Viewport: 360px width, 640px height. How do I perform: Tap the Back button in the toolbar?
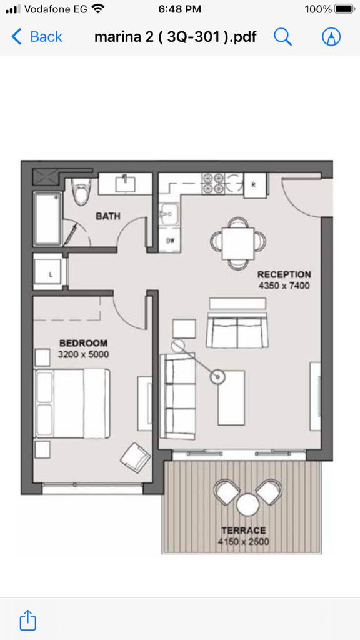[x=37, y=37]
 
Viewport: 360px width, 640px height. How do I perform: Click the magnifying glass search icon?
[x=282, y=37]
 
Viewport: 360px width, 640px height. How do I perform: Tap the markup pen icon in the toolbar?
[x=331, y=37]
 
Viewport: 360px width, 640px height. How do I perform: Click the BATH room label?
[x=108, y=216]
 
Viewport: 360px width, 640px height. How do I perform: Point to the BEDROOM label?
[x=83, y=343]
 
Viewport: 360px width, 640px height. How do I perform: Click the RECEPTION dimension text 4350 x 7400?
[x=284, y=286]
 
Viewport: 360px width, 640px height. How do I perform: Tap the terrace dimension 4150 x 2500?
[x=243, y=542]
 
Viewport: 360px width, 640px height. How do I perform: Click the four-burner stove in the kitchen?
[x=213, y=183]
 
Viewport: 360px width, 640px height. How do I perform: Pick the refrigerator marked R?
[x=255, y=185]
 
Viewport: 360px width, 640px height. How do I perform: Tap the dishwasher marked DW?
[x=170, y=241]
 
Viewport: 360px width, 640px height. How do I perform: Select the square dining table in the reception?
[x=238, y=243]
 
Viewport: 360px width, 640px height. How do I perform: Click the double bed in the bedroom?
[x=72, y=403]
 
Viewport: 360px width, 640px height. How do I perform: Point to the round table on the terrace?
[x=249, y=504]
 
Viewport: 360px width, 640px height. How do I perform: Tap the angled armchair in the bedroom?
[x=135, y=458]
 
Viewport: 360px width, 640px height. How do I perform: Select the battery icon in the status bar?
[x=345, y=9]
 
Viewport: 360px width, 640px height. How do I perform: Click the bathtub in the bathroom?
[x=48, y=219]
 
